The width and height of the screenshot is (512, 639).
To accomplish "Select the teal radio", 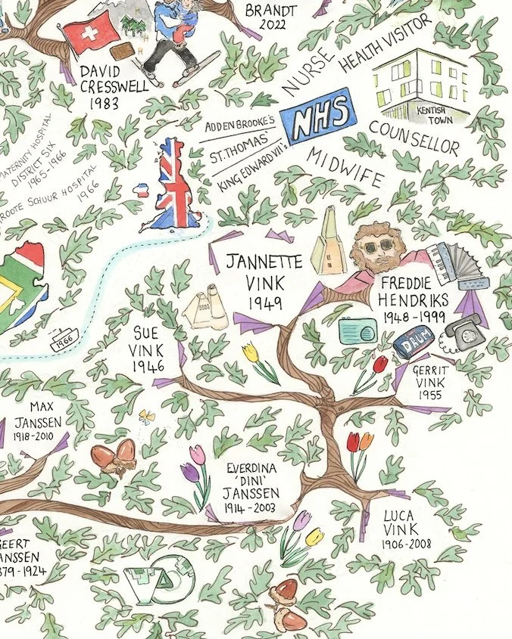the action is click(358, 330).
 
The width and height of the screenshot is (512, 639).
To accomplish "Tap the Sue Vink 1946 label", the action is click(148, 349).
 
